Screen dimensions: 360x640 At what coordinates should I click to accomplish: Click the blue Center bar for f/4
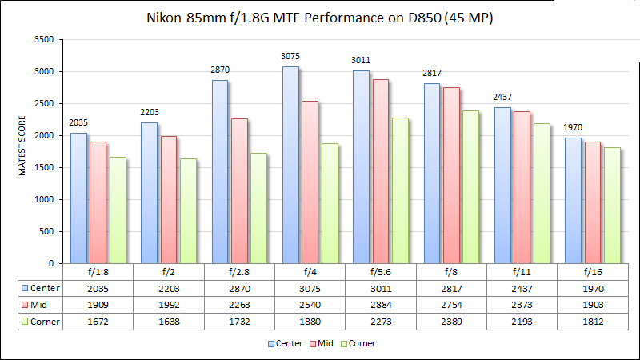click(x=291, y=165)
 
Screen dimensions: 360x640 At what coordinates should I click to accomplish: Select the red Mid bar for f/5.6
click(x=381, y=171)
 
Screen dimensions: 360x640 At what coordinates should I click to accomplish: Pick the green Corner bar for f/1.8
click(x=118, y=210)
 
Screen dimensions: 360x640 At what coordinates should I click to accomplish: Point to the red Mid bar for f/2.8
click(x=239, y=191)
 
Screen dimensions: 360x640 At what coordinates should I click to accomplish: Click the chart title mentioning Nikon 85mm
click(x=319, y=17)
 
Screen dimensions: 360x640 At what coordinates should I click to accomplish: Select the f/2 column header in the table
click(x=169, y=271)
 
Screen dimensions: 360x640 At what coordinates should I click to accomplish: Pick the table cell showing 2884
click(x=381, y=304)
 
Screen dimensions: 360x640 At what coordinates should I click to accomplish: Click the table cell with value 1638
click(x=169, y=321)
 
